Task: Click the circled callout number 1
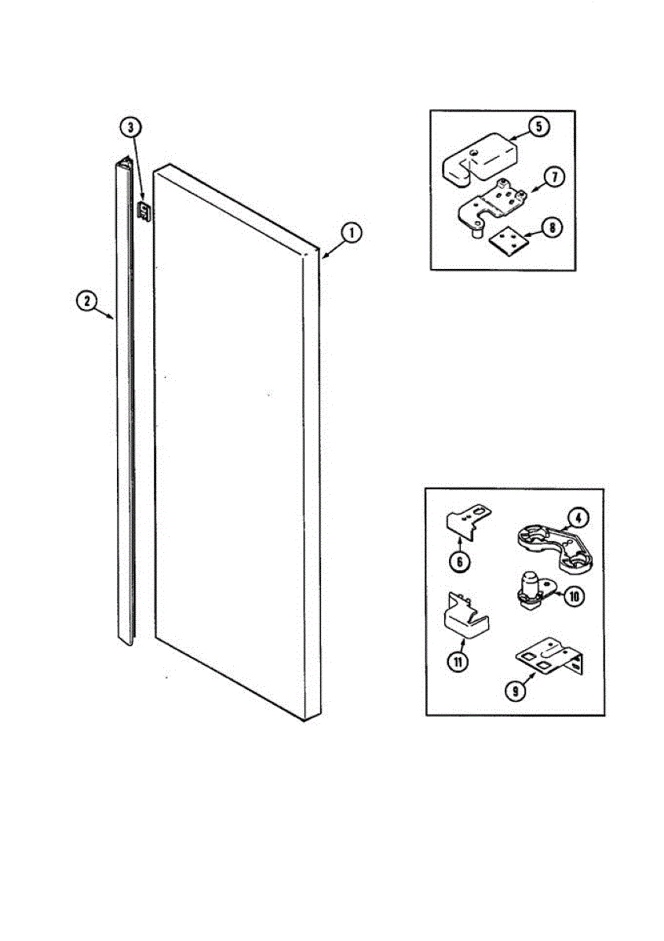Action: tap(352, 232)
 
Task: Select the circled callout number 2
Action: tap(86, 300)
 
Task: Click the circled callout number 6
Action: tap(460, 561)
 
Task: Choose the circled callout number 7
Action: tap(553, 177)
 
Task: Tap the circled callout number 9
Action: tap(514, 690)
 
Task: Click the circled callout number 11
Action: tap(456, 660)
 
